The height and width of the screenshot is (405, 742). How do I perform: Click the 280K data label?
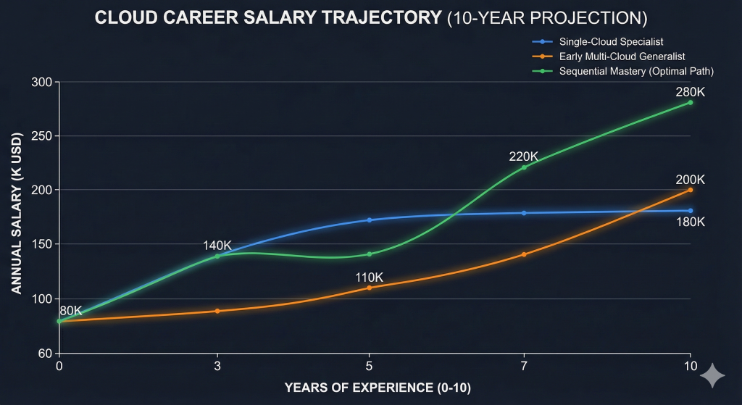pyautogui.click(x=690, y=92)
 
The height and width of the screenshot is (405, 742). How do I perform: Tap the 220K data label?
pyautogui.click(x=522, y=156)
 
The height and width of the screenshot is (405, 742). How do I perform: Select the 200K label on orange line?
pyautogui.click(x=690, y=179)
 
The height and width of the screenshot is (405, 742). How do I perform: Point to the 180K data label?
pyautogui.click(x=690, y=222)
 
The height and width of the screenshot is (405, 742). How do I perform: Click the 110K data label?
pyautogui.click(x=370, y=277)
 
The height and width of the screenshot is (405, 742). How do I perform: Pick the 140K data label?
pyautogui.click(x=217, y=246)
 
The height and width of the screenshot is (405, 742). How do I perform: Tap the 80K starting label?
pyautogui.click(x=70, y=310)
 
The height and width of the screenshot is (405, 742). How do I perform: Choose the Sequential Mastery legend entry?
pyautogui.click(x=627, y=71)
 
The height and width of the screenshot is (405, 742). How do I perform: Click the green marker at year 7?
pyautogui.click(x=523, y=167)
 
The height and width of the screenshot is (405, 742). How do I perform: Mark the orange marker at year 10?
pyautogui.click(x=690, y=190)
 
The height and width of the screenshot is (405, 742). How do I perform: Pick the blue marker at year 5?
pyautogui.click(x=370, y=220)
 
